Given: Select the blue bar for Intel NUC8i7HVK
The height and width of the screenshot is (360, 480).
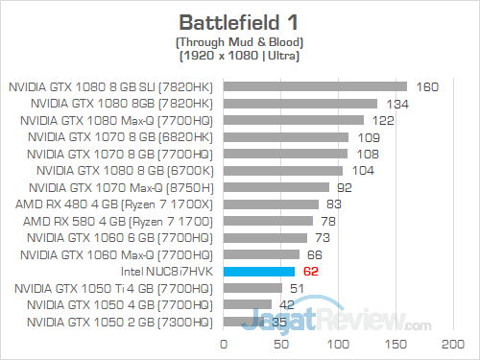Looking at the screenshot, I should pos(259,272).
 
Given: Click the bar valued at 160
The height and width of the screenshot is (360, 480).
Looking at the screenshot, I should pos(316,86).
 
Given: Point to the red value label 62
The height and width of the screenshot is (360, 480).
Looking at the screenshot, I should pos(309,272).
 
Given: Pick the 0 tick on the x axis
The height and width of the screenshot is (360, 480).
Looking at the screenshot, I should pos(224,343).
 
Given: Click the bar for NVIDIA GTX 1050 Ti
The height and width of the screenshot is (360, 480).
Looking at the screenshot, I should pos(253,288).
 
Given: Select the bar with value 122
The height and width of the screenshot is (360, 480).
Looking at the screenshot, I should pos(294,120).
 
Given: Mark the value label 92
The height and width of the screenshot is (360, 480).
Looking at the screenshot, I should pos(344,187).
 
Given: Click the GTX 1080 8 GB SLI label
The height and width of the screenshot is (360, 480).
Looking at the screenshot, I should pos(112,86).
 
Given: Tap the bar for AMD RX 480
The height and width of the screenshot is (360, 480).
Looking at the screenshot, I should pos(272,204).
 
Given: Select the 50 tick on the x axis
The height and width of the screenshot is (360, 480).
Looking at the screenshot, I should pos(281,343).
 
